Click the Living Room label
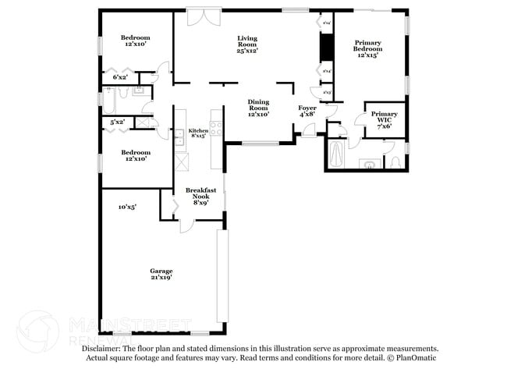247,44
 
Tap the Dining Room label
258,108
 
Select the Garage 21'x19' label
161,273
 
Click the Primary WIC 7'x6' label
384,119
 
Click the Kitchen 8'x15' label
198,133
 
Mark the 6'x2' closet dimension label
120,77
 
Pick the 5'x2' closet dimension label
118,122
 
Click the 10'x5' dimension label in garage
127,207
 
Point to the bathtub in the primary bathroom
336,153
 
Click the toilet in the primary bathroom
395,161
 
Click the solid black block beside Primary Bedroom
327,48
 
